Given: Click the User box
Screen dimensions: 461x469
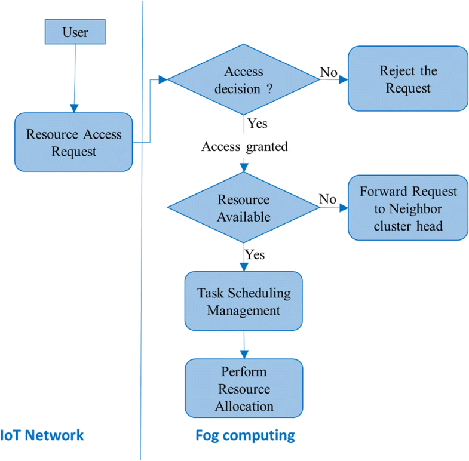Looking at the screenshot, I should tap(75, 32).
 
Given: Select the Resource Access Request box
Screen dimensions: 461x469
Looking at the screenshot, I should tap(73, 142).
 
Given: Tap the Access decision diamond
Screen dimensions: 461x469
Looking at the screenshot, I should tap(244, 79).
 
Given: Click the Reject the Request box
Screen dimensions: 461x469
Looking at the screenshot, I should tap(407, 79).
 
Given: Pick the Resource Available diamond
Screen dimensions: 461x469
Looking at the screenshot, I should tap(244, 208).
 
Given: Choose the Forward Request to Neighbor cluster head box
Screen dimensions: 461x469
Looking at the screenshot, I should tap(407, 208).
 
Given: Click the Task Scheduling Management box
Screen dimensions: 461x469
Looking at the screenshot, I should tap(244, 301).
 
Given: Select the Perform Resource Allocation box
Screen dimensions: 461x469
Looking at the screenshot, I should tap(244, 389).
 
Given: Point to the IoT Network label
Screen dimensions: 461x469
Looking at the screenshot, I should tap(42, 435).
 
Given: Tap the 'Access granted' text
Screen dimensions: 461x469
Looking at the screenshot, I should tap(245, 146).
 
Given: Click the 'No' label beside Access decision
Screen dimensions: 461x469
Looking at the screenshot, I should tap(329, 72).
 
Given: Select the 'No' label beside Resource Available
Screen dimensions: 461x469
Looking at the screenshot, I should tap(327, 199).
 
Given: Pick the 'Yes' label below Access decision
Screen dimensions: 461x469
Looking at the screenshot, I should tap(256, 124).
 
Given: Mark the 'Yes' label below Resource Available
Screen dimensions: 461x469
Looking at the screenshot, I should tap(255, 254).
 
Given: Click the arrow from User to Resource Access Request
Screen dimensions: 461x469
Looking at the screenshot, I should tap(74, 78).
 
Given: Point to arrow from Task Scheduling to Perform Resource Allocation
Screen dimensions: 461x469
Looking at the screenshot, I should tap(244, 345).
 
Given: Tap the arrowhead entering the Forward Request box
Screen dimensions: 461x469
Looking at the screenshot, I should tap(344, 208).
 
